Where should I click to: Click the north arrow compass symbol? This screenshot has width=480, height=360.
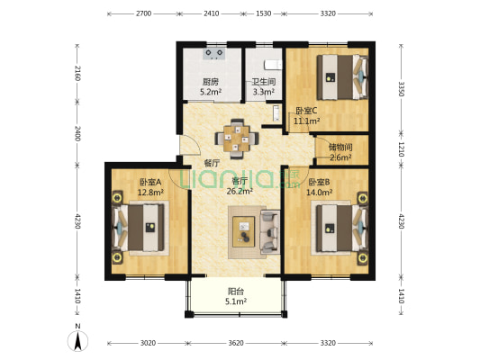[x=77, y=340]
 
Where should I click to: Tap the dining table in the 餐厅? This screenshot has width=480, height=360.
[x=237, y=139]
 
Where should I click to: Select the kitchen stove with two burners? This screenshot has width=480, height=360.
[x=214, y=53]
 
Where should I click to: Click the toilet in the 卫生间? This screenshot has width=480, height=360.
[x=273, y=65]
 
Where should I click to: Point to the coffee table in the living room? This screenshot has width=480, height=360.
[x=244, y=231]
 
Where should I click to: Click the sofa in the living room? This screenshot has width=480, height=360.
[x=270, y=231]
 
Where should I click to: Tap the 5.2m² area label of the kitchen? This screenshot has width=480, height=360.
[x=211, y=92]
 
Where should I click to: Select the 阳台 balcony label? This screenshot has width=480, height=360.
[x=236, y=292]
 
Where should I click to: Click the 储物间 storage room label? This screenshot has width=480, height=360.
[x=340, y=148]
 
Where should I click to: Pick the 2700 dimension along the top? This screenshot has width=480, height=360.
[x=143, y=13]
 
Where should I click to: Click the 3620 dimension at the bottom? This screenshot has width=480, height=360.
[x=236, y=343]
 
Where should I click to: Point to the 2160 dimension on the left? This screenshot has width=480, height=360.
[x=77, y=73]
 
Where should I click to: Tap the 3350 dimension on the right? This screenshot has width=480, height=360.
[x=402, y=89]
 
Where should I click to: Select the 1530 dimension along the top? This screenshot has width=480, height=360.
[x=263, y=13]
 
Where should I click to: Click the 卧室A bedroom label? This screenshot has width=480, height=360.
[x=150, y=183]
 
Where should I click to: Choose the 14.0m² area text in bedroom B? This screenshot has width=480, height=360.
[x=320, y=192]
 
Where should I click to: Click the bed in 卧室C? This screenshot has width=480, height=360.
[x=342, y=77]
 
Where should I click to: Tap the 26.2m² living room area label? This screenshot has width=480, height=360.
[x=240, y=191]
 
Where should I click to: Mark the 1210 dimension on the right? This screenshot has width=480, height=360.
[x=402, y=149]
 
